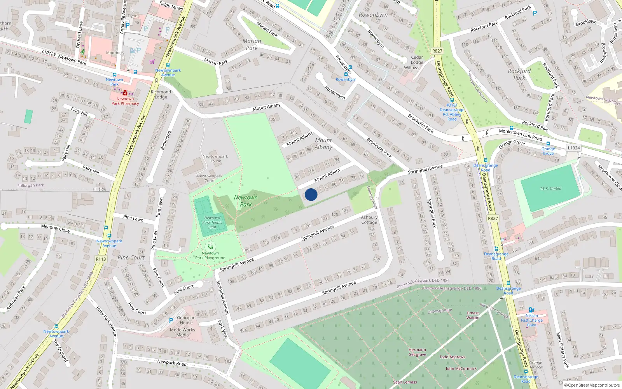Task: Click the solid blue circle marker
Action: [311, 194]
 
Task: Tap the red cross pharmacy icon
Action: [125, 93]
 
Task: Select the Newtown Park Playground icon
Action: [210, 247]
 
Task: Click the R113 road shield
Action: [101, 259]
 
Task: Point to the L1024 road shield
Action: [573, 148]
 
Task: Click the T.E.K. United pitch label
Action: [550, 189]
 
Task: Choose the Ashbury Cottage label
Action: [369, 220]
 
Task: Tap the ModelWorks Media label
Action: [182, 332]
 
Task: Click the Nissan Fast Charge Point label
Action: [532, 320]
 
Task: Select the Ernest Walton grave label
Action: [473, 315]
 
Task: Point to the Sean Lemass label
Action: [405, 382]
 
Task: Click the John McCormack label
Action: [461, 368]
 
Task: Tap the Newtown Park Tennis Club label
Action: [212, 223]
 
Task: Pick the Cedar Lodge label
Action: [417, 60]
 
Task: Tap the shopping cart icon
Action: [152, 61]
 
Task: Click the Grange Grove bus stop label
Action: [548, 151]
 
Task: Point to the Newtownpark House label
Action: [215, 159]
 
